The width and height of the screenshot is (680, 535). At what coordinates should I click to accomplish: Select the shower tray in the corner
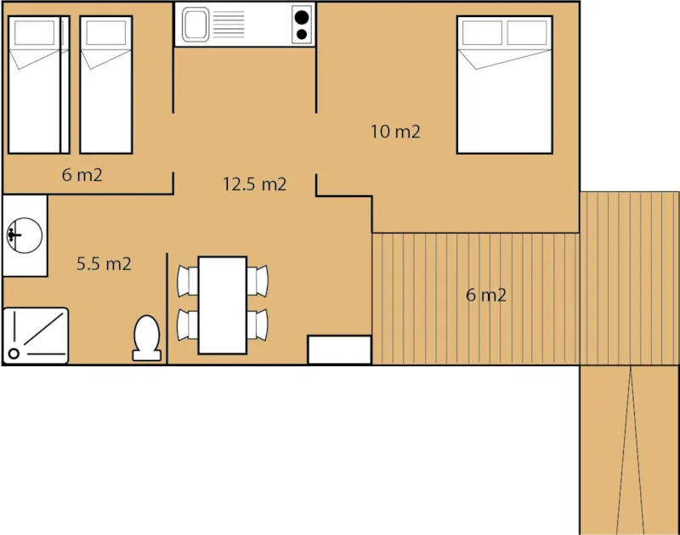point(35,335)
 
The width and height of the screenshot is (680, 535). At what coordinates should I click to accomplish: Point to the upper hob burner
point(301,15)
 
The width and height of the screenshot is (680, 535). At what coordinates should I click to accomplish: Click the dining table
point(222,304)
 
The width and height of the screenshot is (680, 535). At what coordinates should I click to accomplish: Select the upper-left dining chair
point(188,279)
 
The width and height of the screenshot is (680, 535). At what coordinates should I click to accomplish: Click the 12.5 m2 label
point(254,184)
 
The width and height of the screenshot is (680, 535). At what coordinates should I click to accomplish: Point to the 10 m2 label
point(395,132)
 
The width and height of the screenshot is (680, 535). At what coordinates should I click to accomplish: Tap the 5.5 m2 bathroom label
point(104,263)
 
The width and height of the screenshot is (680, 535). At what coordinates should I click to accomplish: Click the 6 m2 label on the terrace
point(486,296)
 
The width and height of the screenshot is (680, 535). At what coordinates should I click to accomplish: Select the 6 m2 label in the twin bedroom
point(82,176)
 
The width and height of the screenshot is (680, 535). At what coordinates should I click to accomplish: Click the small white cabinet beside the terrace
point(339,350)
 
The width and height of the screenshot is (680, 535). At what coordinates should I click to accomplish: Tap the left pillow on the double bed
point(482,33)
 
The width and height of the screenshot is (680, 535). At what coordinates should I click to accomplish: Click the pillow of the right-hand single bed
point(106,33)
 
